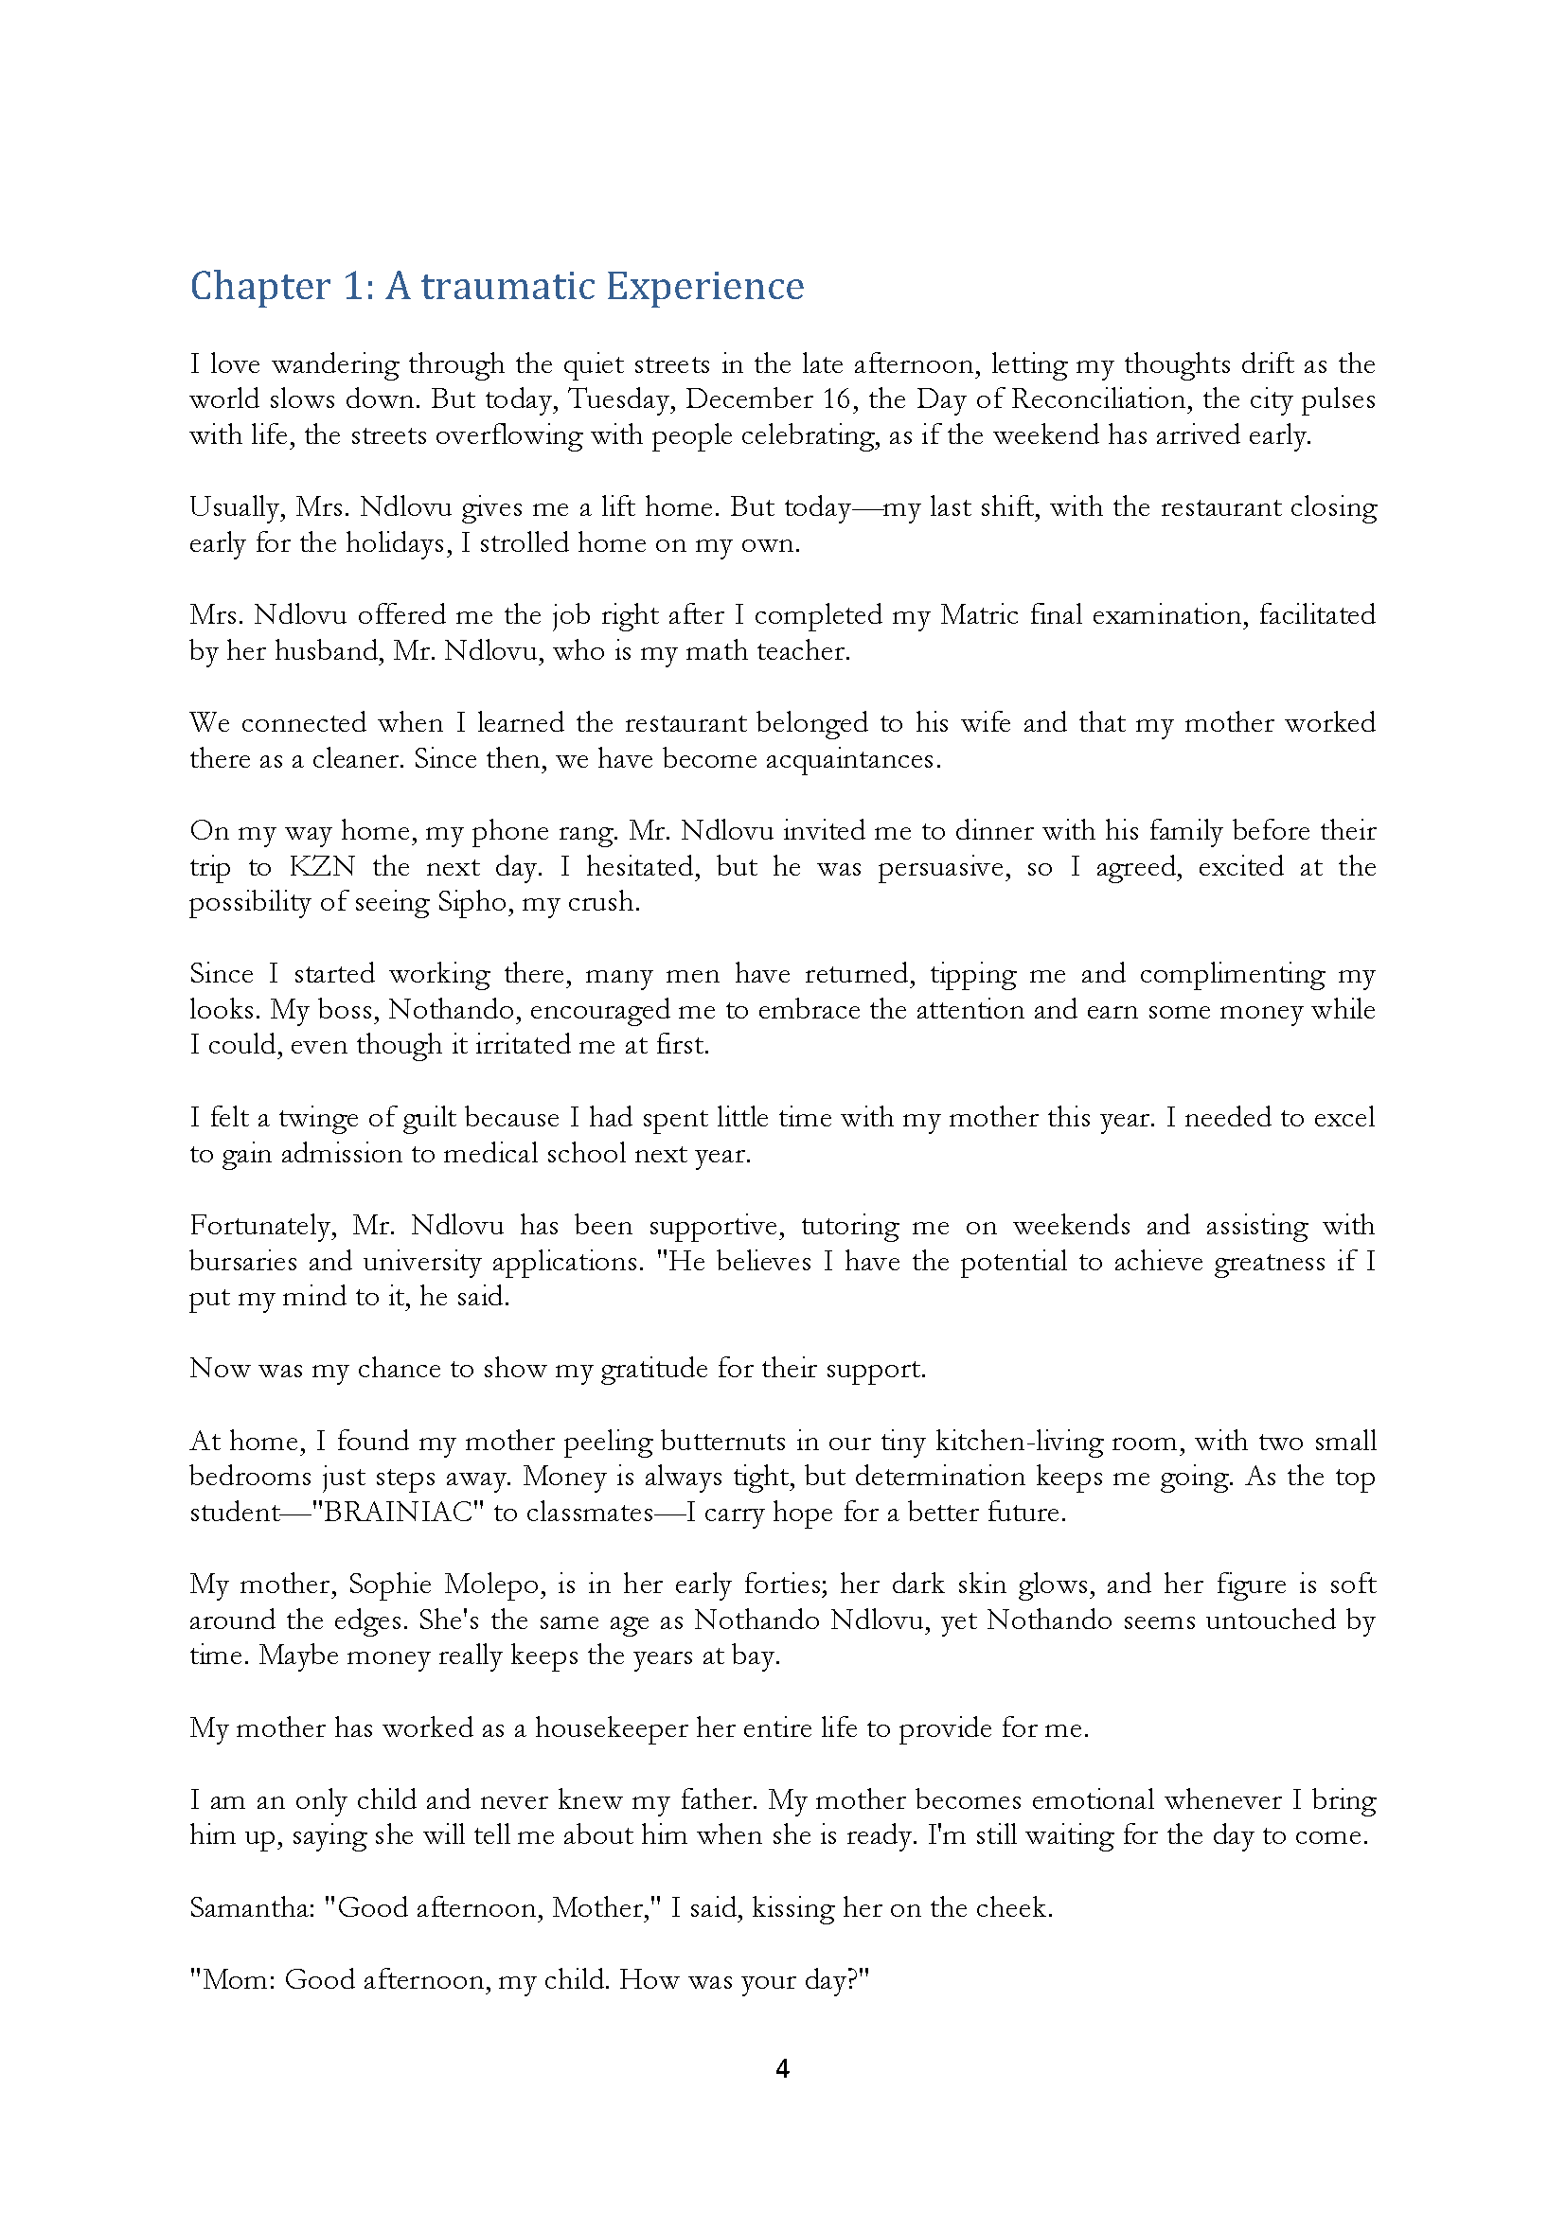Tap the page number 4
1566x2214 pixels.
782,2068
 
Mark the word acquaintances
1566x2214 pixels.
851,759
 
